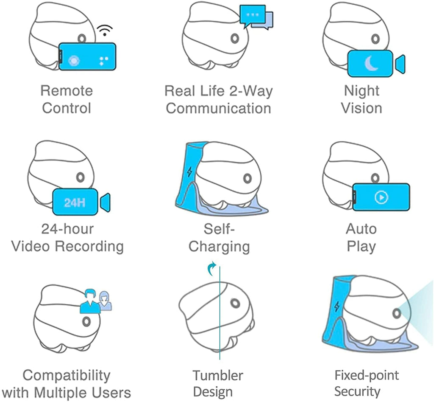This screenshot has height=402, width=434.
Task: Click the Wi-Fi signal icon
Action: [x=105, y=30]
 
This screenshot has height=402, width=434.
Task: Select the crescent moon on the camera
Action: [x=371, y=64]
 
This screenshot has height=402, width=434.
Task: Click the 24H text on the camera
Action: [x=75, y=202]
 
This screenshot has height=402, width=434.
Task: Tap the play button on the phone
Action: [x=381, y=197]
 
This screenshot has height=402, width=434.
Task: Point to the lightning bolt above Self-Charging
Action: [x=189, y=171]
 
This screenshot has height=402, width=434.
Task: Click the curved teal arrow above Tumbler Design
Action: [x=212, y=268]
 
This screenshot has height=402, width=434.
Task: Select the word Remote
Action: [x=67, y=91]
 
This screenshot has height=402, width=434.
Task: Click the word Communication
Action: [x=218, y=108]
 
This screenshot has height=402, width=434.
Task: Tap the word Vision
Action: [x=362, y=108]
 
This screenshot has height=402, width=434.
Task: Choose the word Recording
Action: [x=89, y=246]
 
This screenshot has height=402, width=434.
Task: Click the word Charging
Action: [x=219, y=247]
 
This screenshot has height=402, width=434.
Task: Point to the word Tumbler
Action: [x=218, y=375]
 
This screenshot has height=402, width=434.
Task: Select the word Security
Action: [x=357, y=391]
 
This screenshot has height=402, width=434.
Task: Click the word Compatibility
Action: [x=67, y=376]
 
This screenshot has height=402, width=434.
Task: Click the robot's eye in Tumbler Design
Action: [x=235, y=303]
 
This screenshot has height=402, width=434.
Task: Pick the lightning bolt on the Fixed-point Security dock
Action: [x=337, y=306]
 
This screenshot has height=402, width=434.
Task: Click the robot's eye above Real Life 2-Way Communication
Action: [x=235, y=38]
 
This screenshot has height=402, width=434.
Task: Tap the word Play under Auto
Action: [x=362, y=247]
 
